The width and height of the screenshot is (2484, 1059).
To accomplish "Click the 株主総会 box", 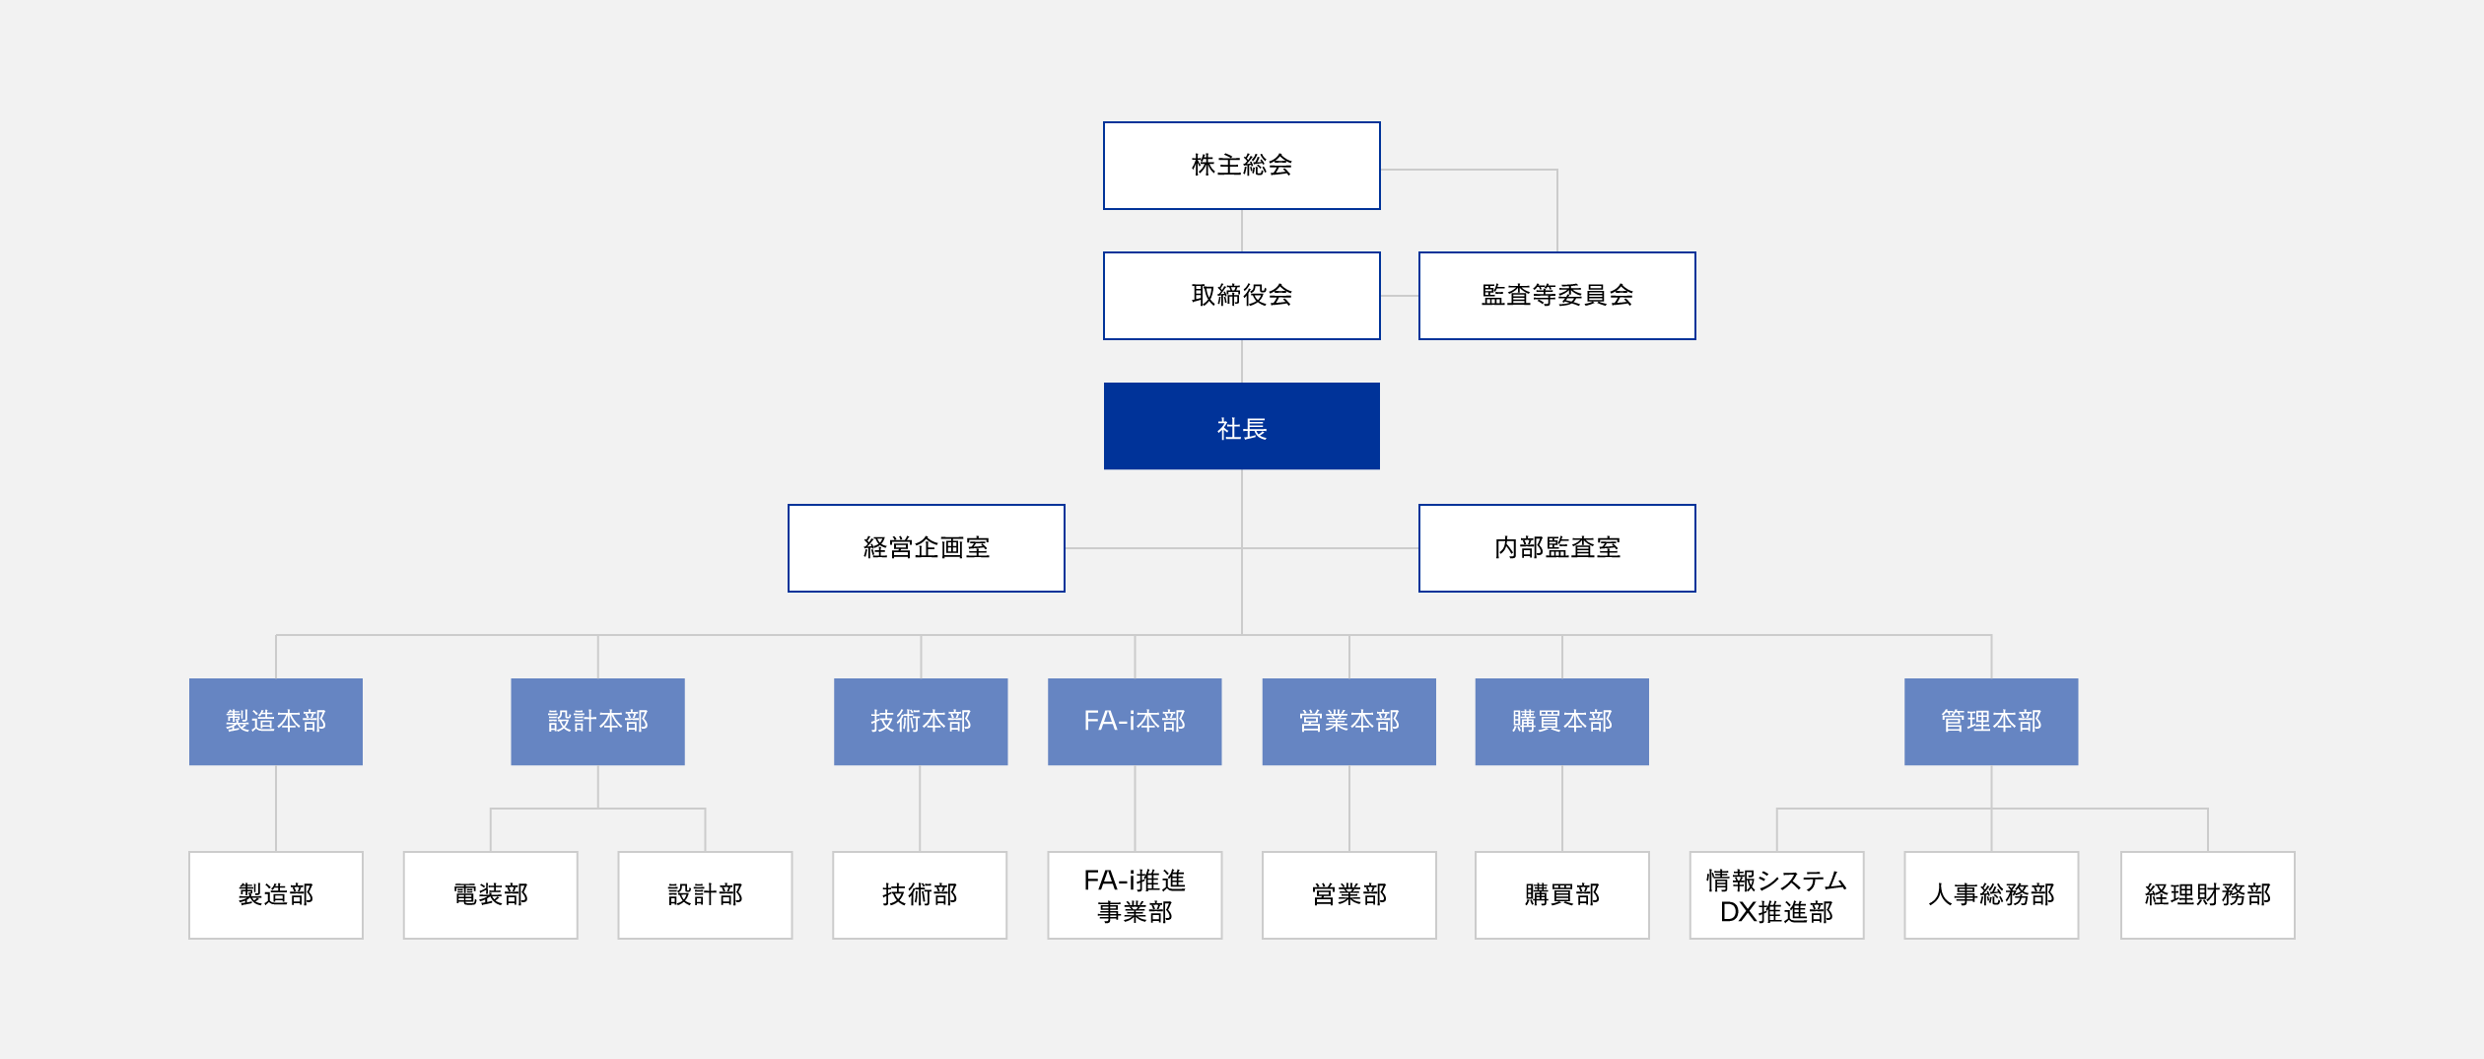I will pyautogui.click(x=1241, y=166).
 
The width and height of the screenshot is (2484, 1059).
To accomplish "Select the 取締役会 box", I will pyautogui.click(x=1241, y=296).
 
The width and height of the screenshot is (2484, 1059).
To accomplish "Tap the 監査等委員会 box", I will pyautogui.click(x=1556, y=296).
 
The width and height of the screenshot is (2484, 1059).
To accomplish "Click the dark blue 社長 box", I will pyautogui.click(x=1241, y=426).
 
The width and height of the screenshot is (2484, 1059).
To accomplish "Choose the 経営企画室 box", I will pyautogui.click(x=926, y=548).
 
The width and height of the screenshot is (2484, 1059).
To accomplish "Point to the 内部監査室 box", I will pyautogui.click(x=1556, y=548).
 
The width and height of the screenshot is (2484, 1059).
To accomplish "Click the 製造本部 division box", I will pyautogui.click(x=276, y=722).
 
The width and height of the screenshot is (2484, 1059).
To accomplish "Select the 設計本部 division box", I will pyautogui.click(x=597, y=722).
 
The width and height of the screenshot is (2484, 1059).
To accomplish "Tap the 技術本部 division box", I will pyautogui.click(x=921, y=722).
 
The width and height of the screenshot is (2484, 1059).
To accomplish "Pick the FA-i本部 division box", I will pyautogui.click(x=1135, y=722).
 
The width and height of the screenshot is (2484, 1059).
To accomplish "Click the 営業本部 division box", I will pyautogui.click(x=1348, y=722).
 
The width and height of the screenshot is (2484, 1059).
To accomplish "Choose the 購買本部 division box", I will pyautogui.click(x=1561, y=722).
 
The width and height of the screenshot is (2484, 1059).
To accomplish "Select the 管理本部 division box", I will pyautogui.click(x=1991, y=722).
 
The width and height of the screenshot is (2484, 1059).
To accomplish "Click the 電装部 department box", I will pyautogui.click(x=491, y=895).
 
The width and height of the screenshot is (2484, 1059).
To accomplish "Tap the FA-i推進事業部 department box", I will pyautogui.click(x=1135, y=895).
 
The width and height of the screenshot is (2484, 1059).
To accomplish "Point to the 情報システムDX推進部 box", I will pyautogui.click(x=1776, y=895).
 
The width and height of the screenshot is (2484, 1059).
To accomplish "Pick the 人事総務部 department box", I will pyautogui.click(x=1991, y=895).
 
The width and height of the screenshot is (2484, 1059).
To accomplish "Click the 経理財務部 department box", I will pyautogui.click(x=2207, y=895).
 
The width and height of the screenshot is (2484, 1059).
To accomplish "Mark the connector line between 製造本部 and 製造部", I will pyautogui.click(x=276, y=809).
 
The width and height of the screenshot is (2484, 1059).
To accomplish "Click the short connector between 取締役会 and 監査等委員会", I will pyautogui.click(x=1399, y=296).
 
